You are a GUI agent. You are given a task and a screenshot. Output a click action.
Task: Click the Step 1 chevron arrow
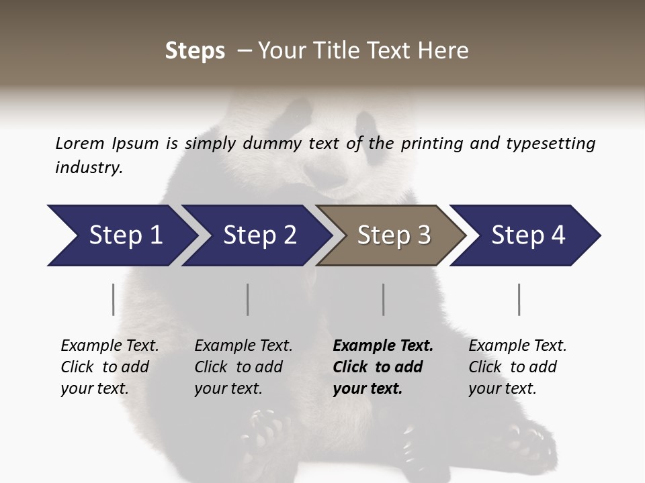point(121,235)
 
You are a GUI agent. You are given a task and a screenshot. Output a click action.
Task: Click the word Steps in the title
point(195,50)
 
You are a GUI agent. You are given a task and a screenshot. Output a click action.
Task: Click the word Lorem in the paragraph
point(80,144)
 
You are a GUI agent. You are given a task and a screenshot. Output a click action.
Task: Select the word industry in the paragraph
point(88,168)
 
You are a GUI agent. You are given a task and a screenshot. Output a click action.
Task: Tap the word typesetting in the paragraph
point(550,144)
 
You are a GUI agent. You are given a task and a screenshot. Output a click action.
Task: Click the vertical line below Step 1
point(113,299)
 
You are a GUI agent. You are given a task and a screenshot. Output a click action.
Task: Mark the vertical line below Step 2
point(247,299)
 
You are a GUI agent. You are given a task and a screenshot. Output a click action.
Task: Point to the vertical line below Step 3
point(383,299)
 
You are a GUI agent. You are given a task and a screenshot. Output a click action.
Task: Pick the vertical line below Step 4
point(519,299)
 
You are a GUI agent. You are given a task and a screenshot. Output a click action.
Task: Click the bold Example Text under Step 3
point(383,346)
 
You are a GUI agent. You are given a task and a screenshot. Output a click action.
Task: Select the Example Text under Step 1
point(110,346)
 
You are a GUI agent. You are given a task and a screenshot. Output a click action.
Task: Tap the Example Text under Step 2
point(243,346)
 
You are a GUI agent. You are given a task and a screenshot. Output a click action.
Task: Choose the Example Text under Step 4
point(517,346)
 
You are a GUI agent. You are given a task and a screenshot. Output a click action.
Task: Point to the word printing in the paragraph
point(430,144)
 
